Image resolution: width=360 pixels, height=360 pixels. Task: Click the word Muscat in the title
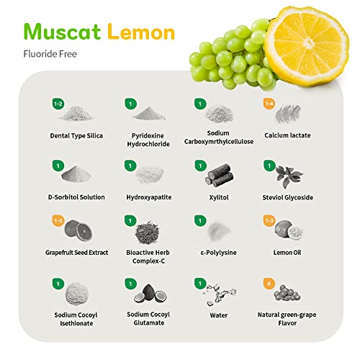[62, 32]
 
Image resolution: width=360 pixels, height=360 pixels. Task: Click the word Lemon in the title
[141, 32]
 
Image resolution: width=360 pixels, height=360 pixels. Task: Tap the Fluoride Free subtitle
[50, 54]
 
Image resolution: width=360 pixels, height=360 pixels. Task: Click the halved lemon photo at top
[307, 46]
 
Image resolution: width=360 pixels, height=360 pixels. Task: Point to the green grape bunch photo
[232, 55]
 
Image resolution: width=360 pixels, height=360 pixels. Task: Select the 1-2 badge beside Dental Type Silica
[58, 104]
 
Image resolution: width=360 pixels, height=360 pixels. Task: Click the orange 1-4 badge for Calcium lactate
[269, 104]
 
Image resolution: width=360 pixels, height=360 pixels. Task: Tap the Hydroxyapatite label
[149, 197]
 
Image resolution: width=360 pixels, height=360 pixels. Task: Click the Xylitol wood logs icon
[220, 176]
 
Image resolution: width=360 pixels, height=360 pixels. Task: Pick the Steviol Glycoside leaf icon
[289, 176]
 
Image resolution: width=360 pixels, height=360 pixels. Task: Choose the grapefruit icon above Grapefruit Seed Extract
[78, 230]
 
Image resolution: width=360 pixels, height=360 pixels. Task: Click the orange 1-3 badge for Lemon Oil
[269, 220]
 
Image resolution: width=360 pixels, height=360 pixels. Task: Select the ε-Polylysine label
[218, 253]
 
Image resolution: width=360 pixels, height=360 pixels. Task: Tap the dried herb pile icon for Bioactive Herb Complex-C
[147, 233]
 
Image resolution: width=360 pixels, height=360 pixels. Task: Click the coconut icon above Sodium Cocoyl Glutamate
[150, 293]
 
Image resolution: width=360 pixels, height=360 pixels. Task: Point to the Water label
[219, 315]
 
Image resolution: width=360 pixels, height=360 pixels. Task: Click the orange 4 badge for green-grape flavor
[269, 284]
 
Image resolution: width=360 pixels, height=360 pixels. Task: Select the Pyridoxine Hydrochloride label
[148, 140]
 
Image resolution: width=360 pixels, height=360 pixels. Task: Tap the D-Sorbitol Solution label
[76, 197]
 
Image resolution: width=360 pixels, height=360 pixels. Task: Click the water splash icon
[220, 294]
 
